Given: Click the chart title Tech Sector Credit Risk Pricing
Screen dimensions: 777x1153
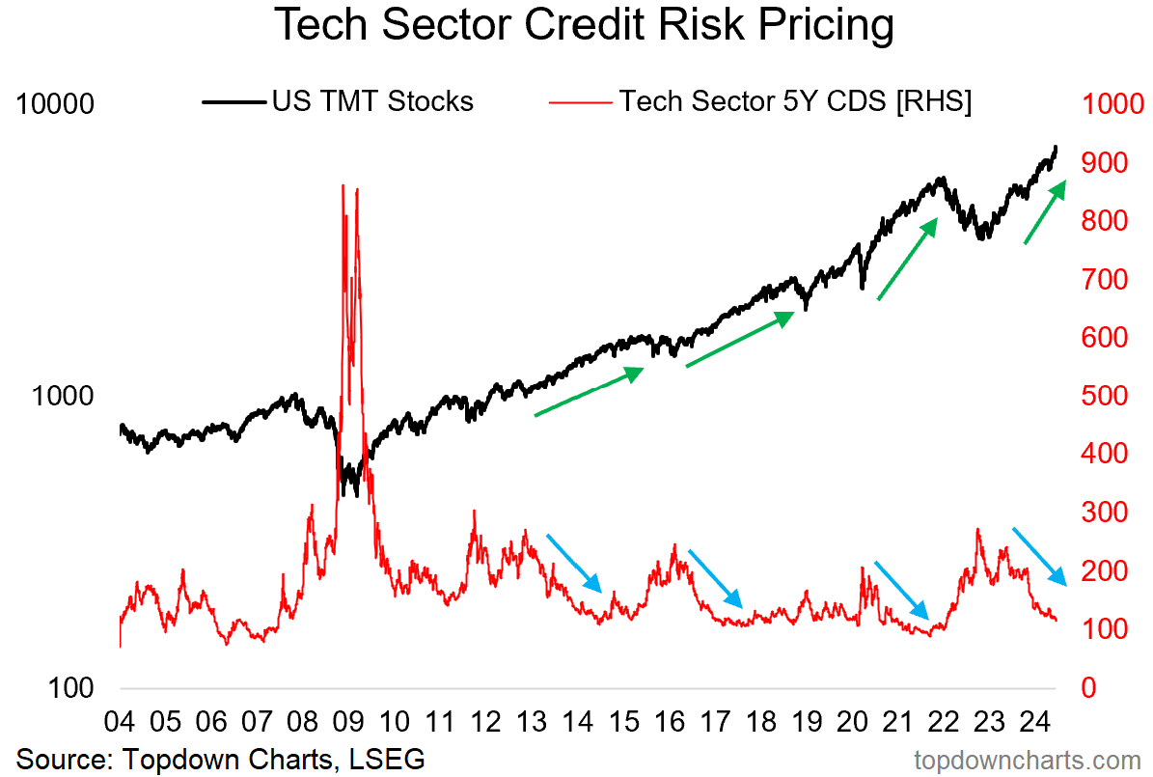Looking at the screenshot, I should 584,26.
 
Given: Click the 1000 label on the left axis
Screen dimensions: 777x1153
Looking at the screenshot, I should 64,396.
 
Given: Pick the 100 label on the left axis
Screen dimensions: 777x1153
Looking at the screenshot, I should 71,688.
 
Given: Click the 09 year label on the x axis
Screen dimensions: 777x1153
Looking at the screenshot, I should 347,721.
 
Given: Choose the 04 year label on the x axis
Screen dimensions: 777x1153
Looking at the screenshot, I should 120,721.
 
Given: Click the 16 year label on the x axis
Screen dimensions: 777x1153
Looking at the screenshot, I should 667,721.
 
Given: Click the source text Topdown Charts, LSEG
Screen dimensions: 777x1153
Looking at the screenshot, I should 221,758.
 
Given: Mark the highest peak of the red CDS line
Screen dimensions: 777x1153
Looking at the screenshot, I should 343,185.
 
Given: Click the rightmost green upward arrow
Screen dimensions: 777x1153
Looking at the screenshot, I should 1045,211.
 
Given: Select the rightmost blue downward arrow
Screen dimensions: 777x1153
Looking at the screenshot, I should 1040,557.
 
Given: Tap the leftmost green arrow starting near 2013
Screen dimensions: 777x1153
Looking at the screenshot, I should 589,392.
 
